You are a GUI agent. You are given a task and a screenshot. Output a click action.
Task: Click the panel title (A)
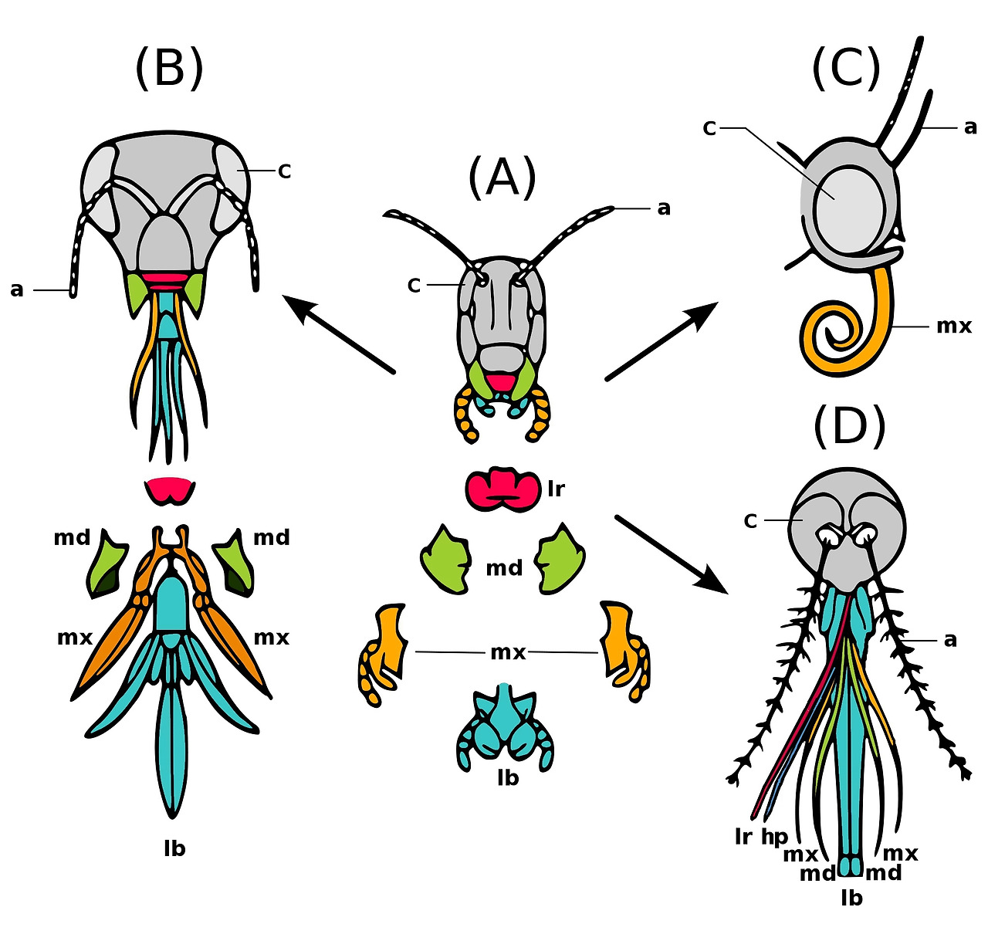(x=501, y=177)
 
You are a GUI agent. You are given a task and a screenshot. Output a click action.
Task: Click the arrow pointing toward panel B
(x=339, y=333)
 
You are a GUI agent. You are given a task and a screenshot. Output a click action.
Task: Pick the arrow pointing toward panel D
(x=672, y=554)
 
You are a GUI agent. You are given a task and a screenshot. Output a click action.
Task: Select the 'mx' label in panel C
(x=954, y=327)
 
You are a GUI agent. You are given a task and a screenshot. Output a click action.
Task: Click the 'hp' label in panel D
(x=774, y=837)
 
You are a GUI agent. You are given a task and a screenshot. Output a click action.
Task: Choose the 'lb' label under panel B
(x=174, y=848)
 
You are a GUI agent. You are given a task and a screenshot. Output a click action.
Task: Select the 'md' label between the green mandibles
(x=504, y=568)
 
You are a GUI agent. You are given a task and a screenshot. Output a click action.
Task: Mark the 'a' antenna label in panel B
(x=17, y=290)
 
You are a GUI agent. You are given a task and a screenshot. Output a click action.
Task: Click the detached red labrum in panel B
(x=169, y=491)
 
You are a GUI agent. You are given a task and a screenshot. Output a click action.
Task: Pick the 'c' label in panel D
(x=750, y=521)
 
